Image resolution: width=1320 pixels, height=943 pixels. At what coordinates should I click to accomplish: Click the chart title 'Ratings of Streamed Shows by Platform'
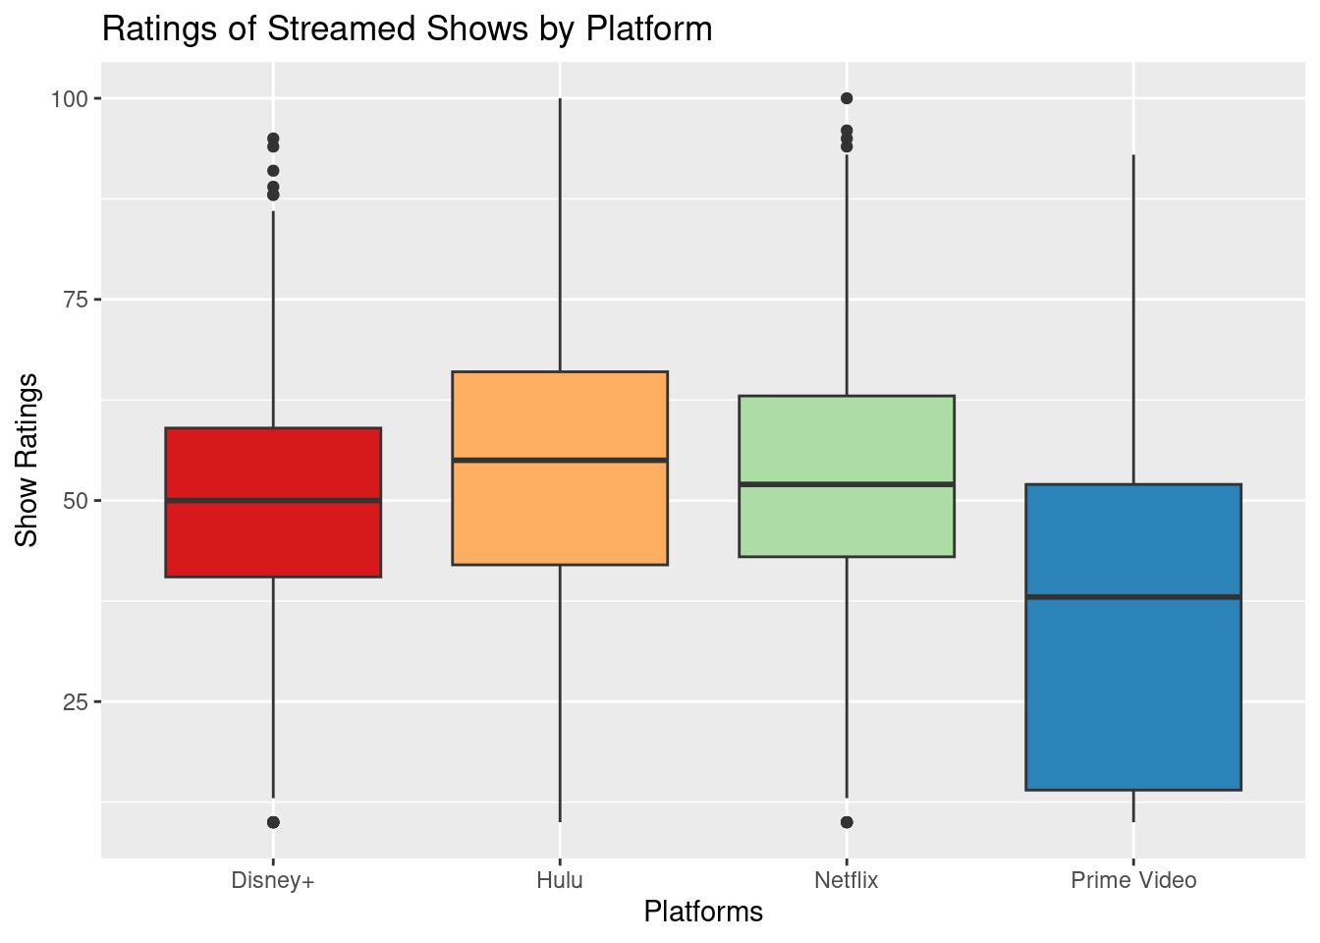[407, 29]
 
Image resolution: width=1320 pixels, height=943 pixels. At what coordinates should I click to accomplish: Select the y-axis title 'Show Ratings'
[27, 460]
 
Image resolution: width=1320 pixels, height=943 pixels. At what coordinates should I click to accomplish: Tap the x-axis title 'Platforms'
[703, 912]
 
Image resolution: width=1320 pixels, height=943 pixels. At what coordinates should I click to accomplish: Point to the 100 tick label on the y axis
[76, 98]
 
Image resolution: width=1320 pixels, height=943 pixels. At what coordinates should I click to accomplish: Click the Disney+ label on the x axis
[273, 880]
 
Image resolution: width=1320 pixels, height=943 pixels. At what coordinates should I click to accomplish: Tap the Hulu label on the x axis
[560, 880]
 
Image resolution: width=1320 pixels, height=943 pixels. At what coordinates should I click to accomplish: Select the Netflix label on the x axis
[847, 880]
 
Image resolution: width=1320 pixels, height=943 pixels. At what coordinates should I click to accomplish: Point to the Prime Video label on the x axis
[1133, 880]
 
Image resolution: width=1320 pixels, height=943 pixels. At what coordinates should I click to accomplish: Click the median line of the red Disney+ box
[273, 501]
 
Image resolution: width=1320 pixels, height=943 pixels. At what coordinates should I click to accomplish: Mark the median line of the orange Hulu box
[560, 460]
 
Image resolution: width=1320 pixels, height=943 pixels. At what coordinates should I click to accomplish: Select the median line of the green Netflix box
[847, 484]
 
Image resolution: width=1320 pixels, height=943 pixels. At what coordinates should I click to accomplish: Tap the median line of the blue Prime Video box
[1133, 596]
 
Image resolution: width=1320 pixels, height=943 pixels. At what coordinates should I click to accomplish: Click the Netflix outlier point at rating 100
[847, 98]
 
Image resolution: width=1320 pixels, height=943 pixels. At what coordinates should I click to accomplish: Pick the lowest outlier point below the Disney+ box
[273, 822]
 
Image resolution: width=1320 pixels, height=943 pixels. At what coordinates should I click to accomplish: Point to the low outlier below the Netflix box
[847, 822]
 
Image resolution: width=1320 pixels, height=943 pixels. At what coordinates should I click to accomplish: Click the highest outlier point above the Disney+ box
[273, 139]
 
